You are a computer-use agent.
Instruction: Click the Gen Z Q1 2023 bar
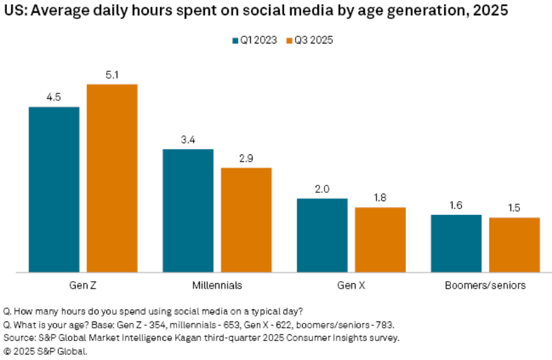[x=54, y=189]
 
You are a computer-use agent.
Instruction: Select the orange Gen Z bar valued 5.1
[x=112, y=178]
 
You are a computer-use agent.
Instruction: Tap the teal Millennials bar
[x=188, y=211]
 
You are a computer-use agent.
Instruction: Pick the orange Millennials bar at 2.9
[x=246, y=219]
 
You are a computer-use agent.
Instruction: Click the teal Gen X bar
[x=322, y=235]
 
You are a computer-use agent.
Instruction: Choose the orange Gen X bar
[x=380, y=240]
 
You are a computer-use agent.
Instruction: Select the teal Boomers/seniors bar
[x=456, y=243]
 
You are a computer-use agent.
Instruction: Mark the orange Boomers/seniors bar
[x=514, y=245]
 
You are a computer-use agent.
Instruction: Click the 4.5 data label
[x=54, y=97]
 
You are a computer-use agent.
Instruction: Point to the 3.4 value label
[x=188, y=139]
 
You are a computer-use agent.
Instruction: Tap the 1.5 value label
[x=514, y=208]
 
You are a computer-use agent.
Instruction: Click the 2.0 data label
[x=322, y=189]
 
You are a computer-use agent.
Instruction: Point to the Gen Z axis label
[x=83, y=286]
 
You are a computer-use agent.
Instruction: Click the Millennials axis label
[x=217, y=286]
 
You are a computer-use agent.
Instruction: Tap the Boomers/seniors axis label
[x=485, y=286]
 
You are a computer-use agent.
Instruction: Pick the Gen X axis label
[x=351, y=286]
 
